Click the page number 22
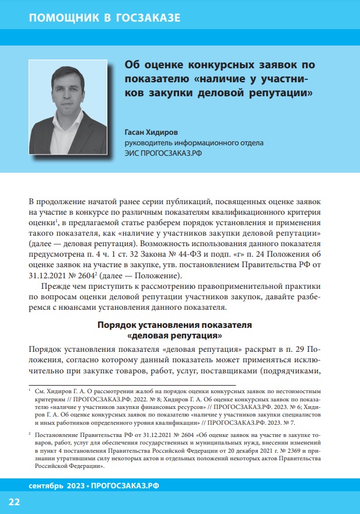(x=14, y=502)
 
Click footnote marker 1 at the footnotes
(x=29, y=387)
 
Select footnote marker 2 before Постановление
(x=29, y=435)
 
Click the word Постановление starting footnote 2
(x=57, y=435)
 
